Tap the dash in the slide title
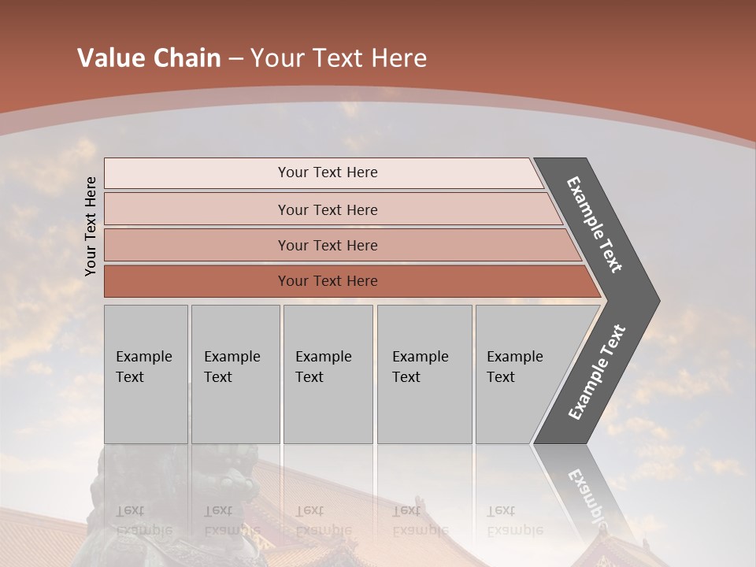(x=235, y=59)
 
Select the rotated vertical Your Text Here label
(x=91, y=226)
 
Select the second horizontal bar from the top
(x=328, y=209)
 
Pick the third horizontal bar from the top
(x=328, y=245)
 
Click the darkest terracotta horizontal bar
(x=328, y=281)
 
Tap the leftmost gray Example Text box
(x=146, y=373)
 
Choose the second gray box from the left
(x=235, y=373)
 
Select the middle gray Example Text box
(x=328, y=373)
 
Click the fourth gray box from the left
(x=424, y=373)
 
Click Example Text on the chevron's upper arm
(x=595, y=224)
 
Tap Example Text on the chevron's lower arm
(x=597, y=372)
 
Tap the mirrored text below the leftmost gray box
(x=143, y=521)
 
